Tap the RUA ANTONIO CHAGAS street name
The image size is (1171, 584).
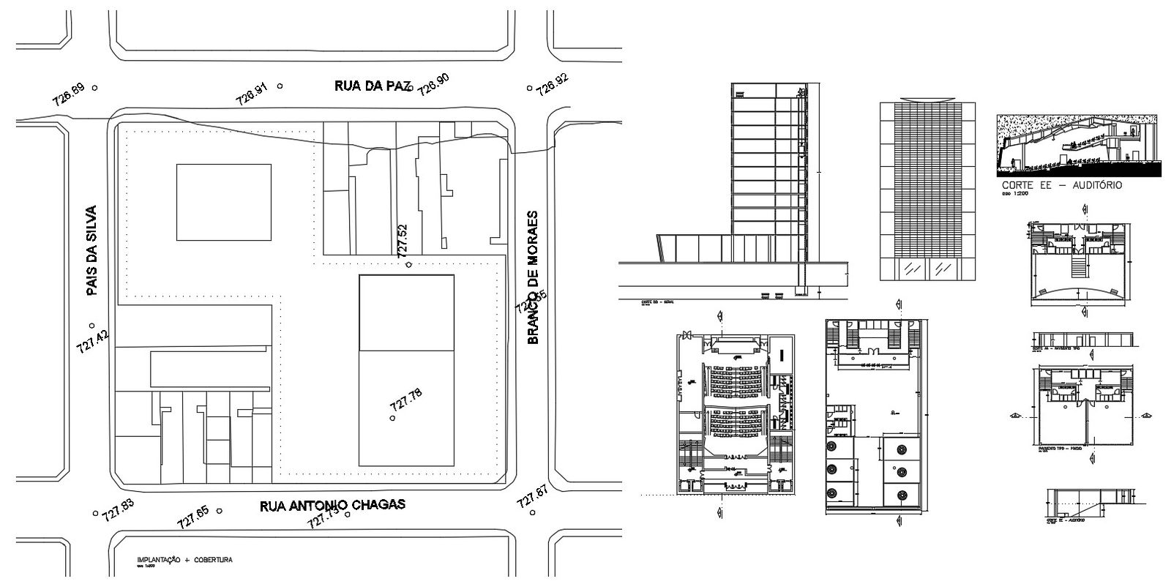pos(333,505)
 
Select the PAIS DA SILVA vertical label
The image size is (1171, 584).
pos(91,250)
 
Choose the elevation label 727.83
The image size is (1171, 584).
pos(118,509)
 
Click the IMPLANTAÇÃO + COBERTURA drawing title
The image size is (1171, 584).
pos(184,560)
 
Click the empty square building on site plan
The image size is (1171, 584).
pos(225,202)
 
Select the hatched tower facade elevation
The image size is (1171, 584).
pos(928,190)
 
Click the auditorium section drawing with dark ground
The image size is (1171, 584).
pos(1077,146)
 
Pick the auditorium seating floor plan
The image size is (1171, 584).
pos(734,413)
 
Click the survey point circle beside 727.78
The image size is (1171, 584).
pos(393,418)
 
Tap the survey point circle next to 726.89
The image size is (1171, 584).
pos(95,88)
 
